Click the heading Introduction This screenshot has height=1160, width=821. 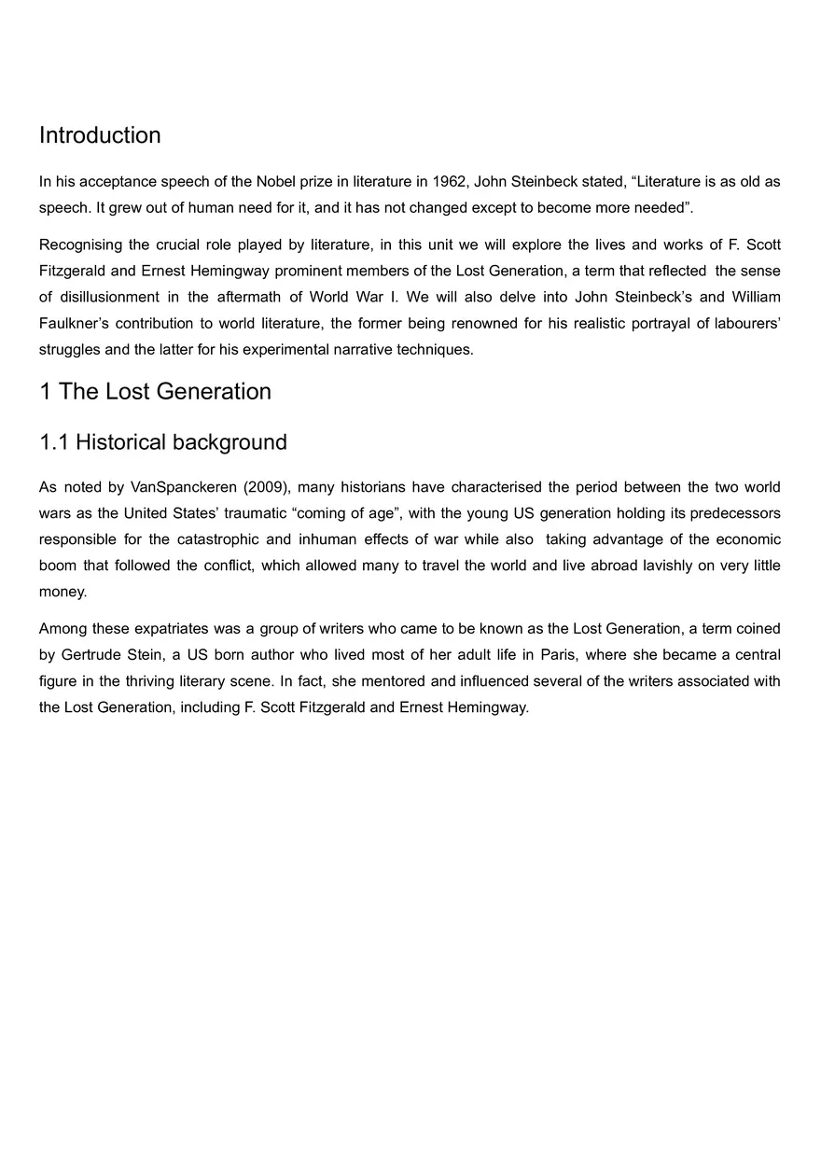[x=100, y=135]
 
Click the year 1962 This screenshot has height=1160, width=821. [x=448, y=181]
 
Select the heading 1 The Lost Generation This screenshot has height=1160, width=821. [x=155, y=391]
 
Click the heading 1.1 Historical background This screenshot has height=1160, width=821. [x=162, y=441]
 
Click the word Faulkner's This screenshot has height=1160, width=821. [x=73, y=324]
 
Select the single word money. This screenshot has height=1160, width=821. [x=63, y=592]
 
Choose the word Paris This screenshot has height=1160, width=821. [x=557, y=655]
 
